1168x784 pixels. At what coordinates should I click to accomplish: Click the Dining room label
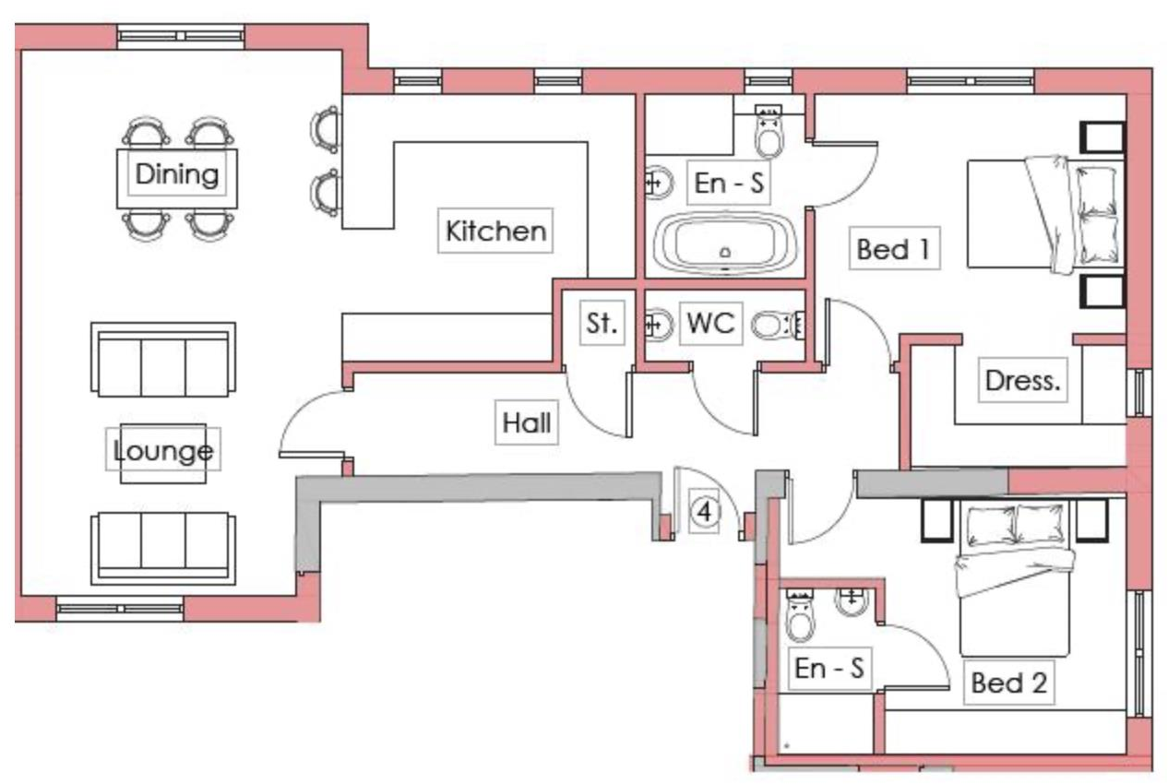tap(176, 174)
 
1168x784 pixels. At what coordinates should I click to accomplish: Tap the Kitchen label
tap(495, 231)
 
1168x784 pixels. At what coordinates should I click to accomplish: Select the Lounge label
tap(163, 451)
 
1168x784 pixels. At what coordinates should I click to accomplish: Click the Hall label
tap(527, 422)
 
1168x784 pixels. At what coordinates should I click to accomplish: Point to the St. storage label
tap(601, 324)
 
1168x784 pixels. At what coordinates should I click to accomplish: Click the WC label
tap(710, 324)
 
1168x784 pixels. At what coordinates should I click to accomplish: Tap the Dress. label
tap(1020, 380)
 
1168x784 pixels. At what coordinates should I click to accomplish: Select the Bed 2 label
tap(1008, 683)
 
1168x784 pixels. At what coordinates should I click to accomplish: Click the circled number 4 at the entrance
tap(705, 512)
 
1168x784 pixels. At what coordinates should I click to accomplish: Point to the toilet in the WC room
tap(773, 325)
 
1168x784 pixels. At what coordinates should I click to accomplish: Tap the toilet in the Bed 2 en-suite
tap(800, 617)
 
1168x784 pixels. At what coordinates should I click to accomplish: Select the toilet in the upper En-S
tap(768, 134)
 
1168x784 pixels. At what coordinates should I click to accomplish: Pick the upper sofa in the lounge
tap(163, 361)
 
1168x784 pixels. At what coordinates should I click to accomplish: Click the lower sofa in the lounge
tap(163, 548)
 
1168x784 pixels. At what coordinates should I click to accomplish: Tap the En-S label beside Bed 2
tap(829, 669)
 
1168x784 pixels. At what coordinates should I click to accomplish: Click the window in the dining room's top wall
tap(181, 37)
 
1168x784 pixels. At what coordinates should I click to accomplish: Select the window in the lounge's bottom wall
tap(119, 609)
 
